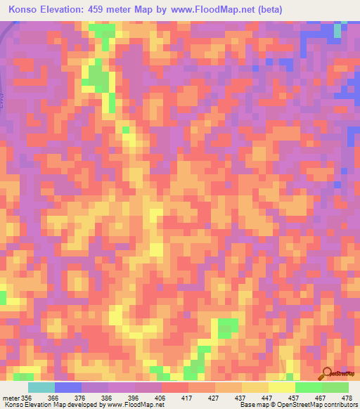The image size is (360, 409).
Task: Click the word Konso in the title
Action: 23,10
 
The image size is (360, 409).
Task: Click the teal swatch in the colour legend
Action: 41,387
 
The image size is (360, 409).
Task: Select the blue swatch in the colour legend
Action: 68,387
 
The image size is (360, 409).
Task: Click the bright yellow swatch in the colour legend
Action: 282,387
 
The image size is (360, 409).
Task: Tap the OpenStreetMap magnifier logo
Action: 327,375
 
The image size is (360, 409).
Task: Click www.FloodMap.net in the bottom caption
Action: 136,405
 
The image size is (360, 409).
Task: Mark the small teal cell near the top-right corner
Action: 337,30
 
